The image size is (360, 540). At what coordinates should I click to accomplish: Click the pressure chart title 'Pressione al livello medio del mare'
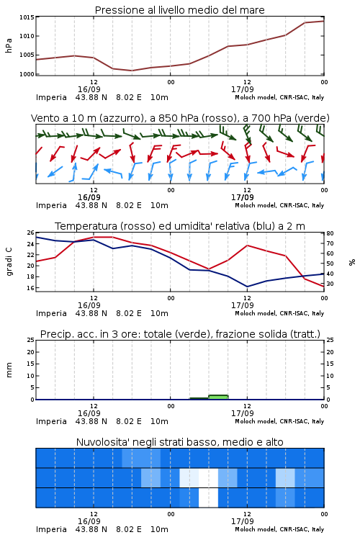[179, 10]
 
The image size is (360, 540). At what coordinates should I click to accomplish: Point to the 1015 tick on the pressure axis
[27, 17]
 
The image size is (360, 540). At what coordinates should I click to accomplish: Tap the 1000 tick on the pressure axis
[27, 74]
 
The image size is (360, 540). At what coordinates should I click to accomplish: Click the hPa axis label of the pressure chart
[9, 45]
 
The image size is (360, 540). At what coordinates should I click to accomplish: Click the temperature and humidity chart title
[180, 226]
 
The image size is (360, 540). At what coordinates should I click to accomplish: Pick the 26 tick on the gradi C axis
[31, 233]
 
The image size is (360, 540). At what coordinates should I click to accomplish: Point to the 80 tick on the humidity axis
[330, 233]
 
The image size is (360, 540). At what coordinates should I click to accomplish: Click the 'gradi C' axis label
[9, 262]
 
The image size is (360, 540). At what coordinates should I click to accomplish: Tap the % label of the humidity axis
[352, 262]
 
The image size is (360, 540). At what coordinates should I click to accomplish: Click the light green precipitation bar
[218, 397]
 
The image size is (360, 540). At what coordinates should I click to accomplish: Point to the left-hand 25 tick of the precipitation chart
[31, 341]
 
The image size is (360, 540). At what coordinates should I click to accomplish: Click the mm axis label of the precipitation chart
[9, 370]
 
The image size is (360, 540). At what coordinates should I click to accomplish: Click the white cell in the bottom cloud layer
[208, 498]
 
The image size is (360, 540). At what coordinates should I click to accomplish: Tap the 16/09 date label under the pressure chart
[89, 89]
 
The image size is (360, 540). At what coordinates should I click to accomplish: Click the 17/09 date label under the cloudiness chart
[242, 521]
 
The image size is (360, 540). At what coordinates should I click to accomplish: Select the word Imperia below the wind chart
[51, 206]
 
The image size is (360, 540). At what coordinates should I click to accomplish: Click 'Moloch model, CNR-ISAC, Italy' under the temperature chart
[279, 313]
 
